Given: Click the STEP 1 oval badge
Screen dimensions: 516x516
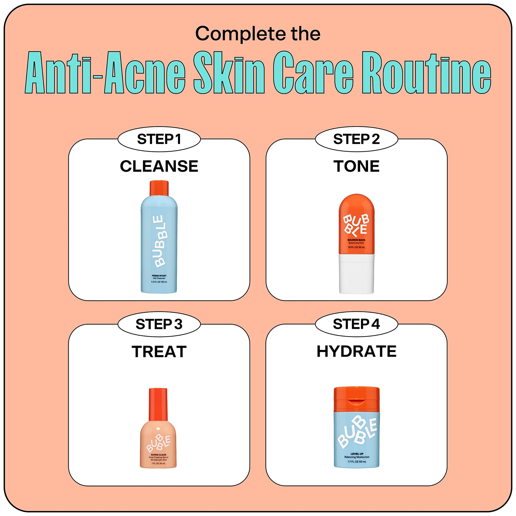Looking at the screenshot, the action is point(159,139).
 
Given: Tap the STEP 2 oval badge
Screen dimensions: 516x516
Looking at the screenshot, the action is point(357,139).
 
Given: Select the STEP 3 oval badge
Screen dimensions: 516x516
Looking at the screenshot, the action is point(159,324).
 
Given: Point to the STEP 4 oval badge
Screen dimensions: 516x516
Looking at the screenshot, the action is point(357,324).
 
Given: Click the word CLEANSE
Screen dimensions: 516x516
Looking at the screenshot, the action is point(159,166).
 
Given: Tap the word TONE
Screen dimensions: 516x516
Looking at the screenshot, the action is point(356,166).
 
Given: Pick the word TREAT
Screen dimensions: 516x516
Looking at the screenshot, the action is point(159,352).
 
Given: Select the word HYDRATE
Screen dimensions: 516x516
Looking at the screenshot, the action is point(357,351).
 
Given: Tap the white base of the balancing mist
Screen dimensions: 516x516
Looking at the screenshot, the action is point(357,274).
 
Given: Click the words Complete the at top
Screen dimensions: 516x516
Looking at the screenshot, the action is point(258,34).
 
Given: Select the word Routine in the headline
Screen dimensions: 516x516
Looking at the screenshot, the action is point(426,73).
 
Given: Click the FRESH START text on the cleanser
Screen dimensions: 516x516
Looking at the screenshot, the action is point(159,276).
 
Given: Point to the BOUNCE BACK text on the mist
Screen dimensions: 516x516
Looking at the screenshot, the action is point(356,240).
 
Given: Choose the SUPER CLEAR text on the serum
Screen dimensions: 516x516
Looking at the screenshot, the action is point(158,455).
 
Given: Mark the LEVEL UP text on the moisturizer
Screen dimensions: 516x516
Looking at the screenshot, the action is point(357,454).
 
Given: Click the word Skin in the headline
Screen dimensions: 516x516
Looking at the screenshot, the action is point(229,73).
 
